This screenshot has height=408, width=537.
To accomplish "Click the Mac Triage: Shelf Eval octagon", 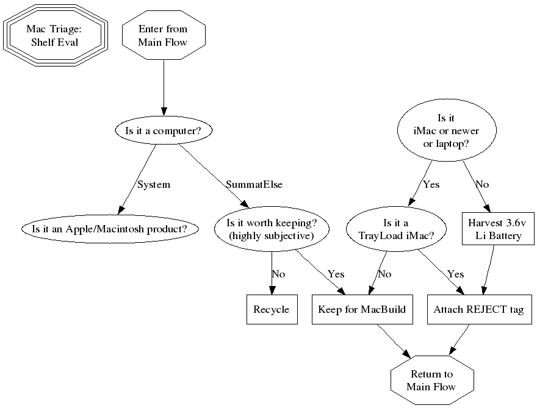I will click(x=56, y=36).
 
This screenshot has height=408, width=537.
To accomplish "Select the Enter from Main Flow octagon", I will click(x=163, y=36).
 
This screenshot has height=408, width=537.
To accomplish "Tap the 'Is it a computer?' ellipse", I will click(x=163, y=131).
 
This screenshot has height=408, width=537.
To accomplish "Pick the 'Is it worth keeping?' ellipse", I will click(x=271, y=229).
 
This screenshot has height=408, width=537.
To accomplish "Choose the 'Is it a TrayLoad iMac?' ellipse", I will click(x=395, y=229).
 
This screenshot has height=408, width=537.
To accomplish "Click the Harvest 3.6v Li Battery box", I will click(x=492, y=229).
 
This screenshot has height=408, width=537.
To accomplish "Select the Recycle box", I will click(x=271, y=310).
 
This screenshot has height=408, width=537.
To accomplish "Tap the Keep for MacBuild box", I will click(x=362, y=310).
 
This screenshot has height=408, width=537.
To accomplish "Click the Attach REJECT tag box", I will click(x=478, y=310).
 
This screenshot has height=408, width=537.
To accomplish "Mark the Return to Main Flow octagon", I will click(x=431, y=381).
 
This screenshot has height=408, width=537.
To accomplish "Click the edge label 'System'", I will click(x=154, y=184).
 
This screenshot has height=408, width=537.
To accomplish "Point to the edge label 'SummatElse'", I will click(x=254, y=184).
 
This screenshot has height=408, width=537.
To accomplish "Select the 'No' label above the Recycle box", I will click(x=278, y=274).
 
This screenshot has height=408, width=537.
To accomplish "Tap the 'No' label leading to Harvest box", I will click(x=482, y=184).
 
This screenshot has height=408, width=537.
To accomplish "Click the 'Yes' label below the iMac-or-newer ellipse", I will click(x=431, y=184).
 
